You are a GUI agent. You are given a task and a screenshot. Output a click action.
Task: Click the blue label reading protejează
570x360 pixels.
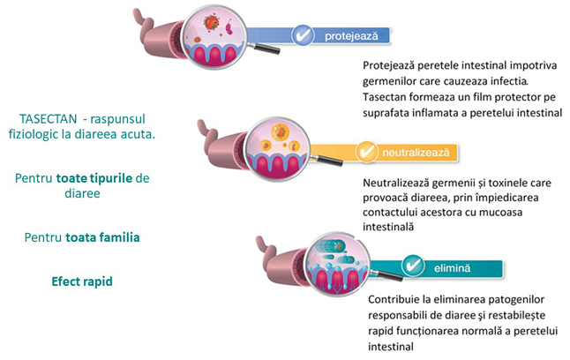352,37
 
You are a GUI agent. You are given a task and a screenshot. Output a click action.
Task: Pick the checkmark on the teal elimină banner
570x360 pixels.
413,265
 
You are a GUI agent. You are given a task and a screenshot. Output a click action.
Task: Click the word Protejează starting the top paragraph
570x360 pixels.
390,65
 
